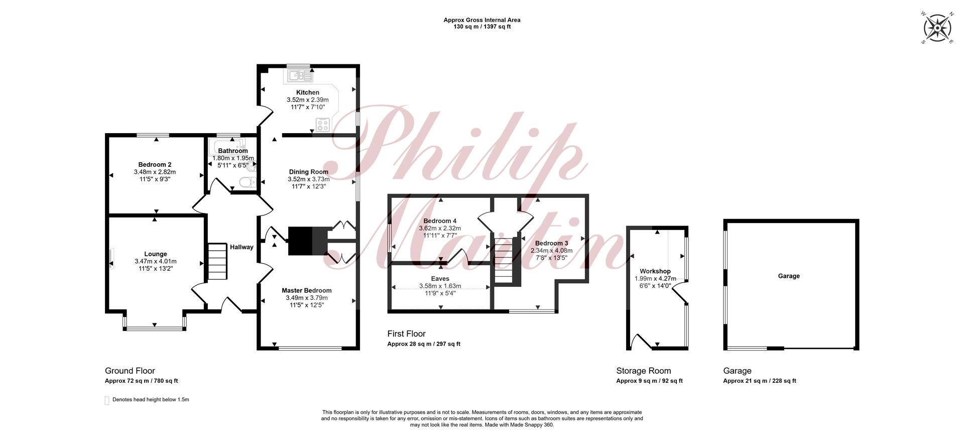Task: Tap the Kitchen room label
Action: coord(307,92)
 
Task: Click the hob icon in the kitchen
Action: coord(323,124)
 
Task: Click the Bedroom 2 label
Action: coord(155,164)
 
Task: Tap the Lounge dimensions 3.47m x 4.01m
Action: coord(156,261)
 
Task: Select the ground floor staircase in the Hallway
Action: coord(217,262)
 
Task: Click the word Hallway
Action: coord(242,247)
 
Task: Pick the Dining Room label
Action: coord(308,172)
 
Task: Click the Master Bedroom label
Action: coord(306,290)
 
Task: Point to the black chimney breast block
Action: coord(308,241)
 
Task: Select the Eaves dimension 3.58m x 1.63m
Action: coord(440,286)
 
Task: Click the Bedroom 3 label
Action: coord(551,244)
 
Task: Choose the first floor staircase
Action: coord(504,260)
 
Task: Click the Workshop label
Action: coord(655,271)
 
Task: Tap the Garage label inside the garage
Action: coord(789,276)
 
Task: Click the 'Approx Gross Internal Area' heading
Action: coord(482,20)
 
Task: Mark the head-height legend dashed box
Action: coord(106,400)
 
